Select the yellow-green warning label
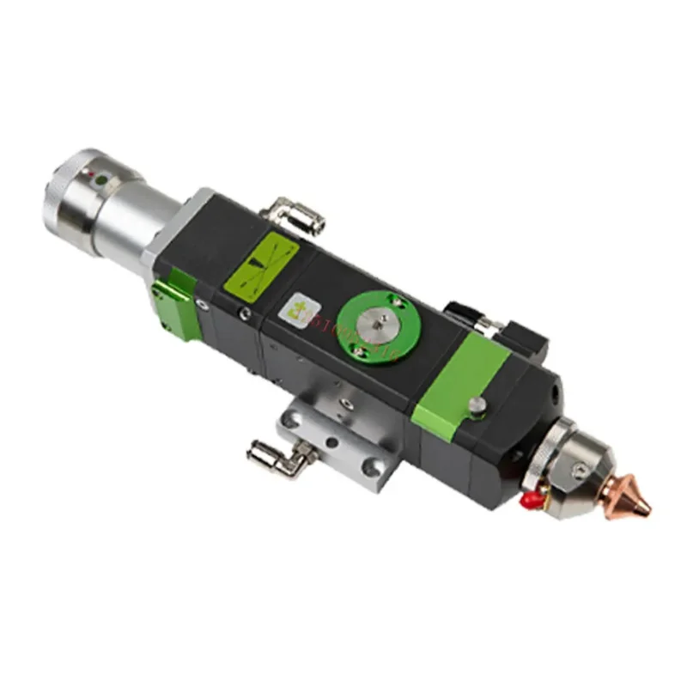[x=260, y=262]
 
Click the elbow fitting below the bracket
[x=266, y=453]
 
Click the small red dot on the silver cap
[x=90, y=175]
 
